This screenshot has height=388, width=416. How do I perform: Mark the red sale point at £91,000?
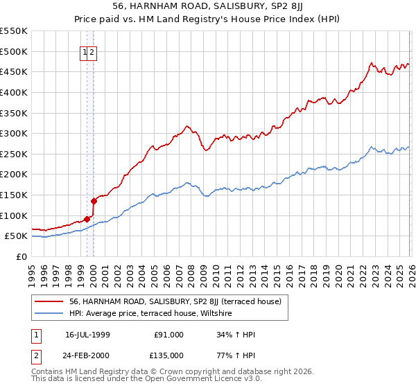tap(87, 219)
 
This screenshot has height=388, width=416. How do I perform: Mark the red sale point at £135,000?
tap(94, 201)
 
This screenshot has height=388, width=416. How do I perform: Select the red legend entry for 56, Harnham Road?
tap(175, 302)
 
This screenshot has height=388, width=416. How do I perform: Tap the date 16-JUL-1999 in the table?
tap(88, 335)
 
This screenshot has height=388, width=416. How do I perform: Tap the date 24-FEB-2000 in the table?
tap(88, 355)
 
